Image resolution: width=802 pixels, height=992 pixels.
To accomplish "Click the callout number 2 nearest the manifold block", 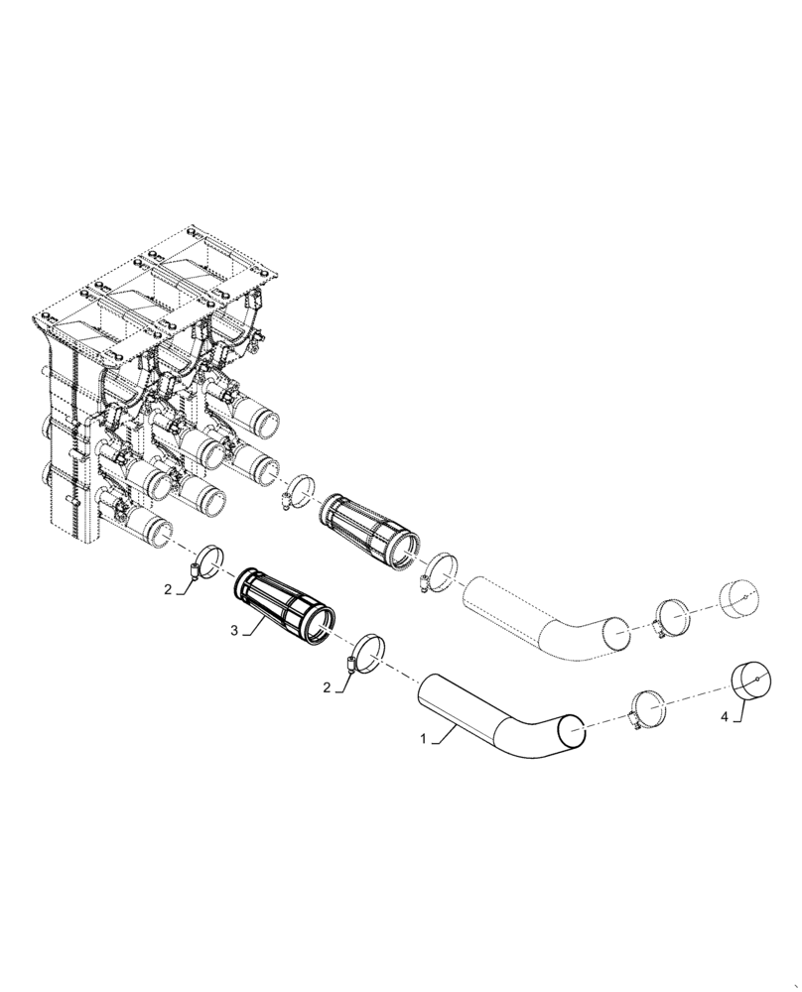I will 169,589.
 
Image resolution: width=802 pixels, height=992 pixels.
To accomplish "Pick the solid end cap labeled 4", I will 751,680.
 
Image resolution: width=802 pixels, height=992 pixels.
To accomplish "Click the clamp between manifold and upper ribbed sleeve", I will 297,490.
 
